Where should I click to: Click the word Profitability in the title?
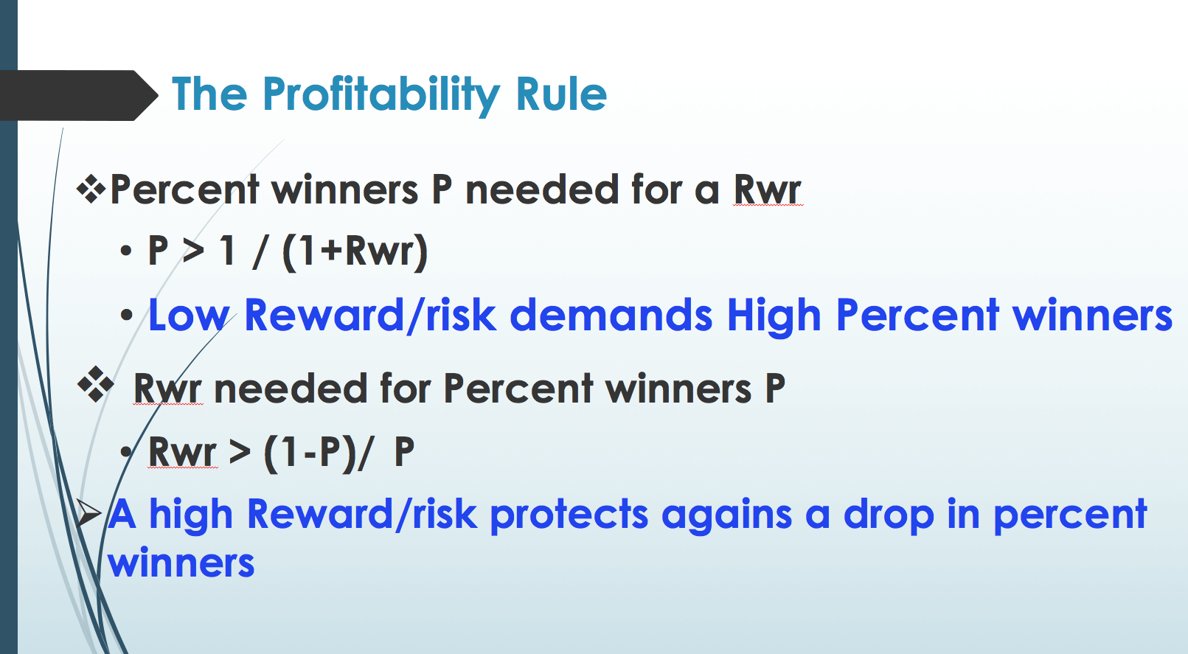pos(381,95)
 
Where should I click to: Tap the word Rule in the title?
pos(561,94)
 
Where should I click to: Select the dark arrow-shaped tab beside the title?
pos(79,95)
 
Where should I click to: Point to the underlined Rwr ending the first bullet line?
pos(768,189)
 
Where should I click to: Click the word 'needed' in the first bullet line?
pos(541,189)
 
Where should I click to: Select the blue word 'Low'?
pos(189,315)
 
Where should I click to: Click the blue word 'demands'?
pos(611,315)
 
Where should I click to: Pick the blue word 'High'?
pos(774,316)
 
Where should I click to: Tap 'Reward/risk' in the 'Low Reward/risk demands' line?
pos(370,315)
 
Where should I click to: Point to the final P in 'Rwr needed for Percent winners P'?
pos(774,389)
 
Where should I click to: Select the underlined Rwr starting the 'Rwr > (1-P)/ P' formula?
pos(182,452)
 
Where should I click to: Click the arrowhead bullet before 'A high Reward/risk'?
pos(88,513)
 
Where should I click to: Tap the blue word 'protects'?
pos(569,515)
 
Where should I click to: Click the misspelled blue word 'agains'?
pos(726,515)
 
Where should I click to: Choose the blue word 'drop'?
pos(889,515)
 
